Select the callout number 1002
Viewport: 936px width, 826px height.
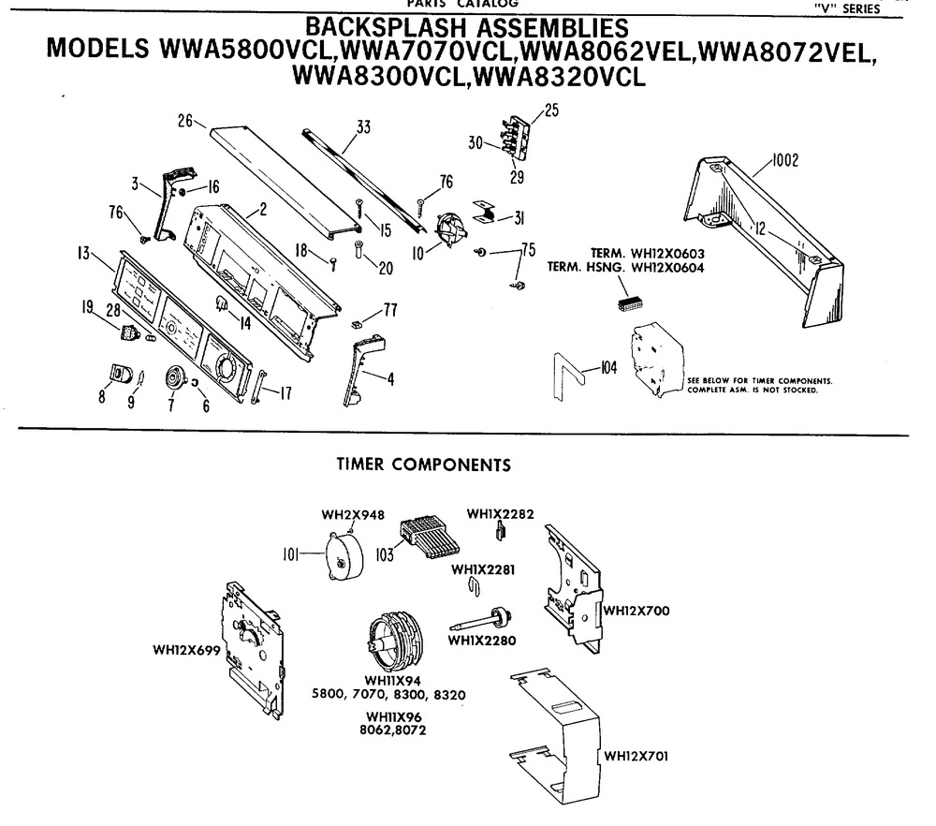pos(785,161)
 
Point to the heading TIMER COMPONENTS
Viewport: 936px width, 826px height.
pos(423,464)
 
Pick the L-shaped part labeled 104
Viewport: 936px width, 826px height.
pos(567,371)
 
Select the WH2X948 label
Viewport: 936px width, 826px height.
pos(353,514)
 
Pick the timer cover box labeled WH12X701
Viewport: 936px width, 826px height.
pos(552,726)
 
